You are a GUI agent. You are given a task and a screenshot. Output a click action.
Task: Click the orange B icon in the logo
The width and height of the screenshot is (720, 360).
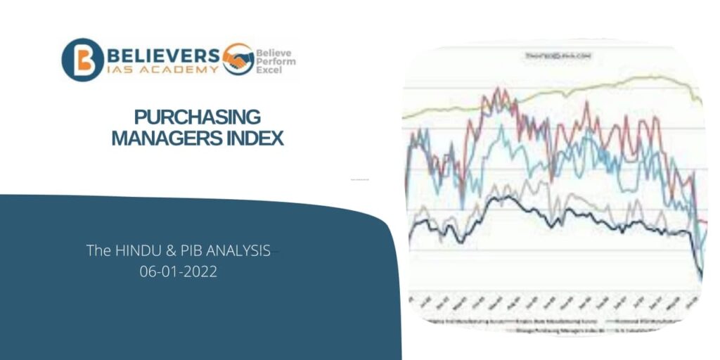tap(83, 60)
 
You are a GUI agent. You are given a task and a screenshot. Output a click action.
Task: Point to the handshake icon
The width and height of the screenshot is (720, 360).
tap(238, 59)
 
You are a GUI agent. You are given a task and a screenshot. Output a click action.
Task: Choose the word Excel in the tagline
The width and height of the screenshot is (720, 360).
tap(271, 71)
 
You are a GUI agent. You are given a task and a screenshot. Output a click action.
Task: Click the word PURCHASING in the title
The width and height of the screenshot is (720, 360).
tap(197, 117)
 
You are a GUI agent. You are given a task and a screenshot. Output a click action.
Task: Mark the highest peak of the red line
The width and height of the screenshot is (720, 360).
tap(497, 90)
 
